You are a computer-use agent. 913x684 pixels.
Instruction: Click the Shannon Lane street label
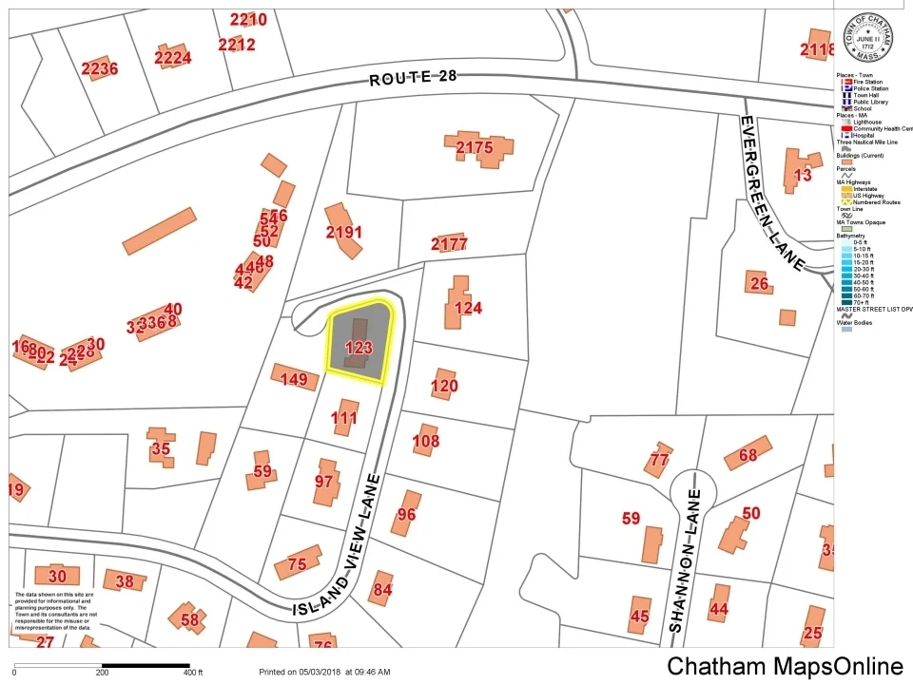coord(686,560)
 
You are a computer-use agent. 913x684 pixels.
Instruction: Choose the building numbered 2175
coord(475,147)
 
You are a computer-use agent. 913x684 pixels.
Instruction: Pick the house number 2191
coord(343,232)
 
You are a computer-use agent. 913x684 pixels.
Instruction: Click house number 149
coord(295,380)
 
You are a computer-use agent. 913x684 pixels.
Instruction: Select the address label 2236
coord(99,68)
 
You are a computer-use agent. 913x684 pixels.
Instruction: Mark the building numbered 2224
coord(172,58)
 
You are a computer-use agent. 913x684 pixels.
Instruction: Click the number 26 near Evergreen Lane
coord(758,283)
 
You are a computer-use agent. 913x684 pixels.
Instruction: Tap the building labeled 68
coord(748,455)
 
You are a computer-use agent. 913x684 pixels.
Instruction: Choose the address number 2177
coord(449,244)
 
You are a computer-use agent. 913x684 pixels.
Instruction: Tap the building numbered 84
coord(382,589)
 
